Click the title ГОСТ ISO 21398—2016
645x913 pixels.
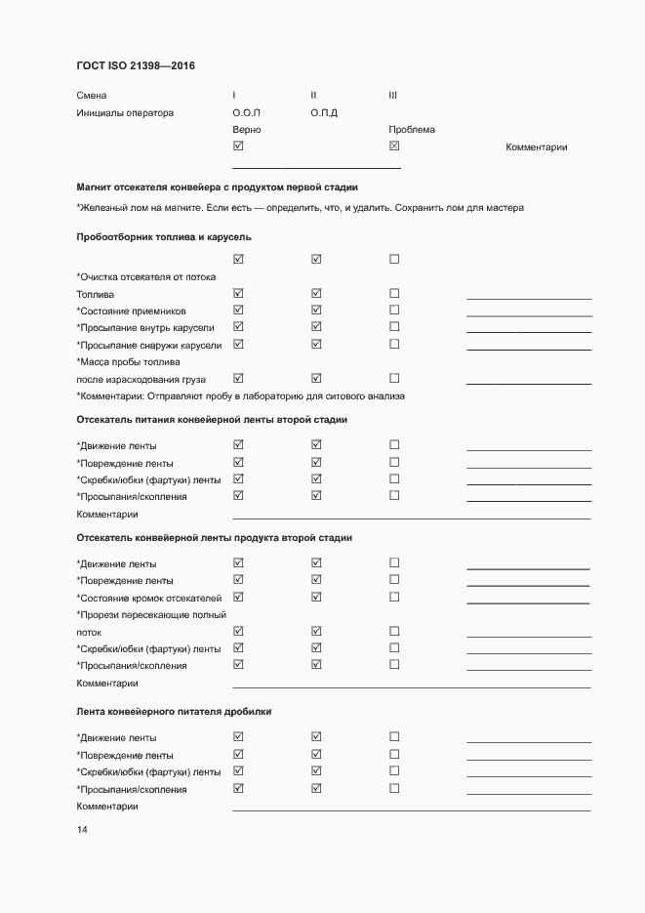[135, 66]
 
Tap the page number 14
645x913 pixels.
[82, 830]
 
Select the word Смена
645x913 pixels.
[92, 96]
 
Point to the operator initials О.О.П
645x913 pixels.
[247, 112]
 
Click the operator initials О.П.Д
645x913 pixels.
[324, 112]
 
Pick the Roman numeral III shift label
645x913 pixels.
[392, 96]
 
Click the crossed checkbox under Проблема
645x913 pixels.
[394, 146]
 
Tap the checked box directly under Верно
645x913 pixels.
[238, 146]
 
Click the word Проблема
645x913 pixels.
[412, 130]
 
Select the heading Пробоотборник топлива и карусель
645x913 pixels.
[164, 237]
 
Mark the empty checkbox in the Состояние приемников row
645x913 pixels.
[394, 311]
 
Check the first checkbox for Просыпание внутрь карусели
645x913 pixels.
[238, 327]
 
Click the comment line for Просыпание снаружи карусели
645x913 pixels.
[529, 349]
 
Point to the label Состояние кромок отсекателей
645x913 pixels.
[149, 598]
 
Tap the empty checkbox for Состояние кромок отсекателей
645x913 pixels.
[394, 597]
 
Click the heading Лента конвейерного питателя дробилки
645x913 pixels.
[174, 712]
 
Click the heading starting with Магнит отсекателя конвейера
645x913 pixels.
[217, 187]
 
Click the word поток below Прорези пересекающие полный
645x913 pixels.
[89, 632]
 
